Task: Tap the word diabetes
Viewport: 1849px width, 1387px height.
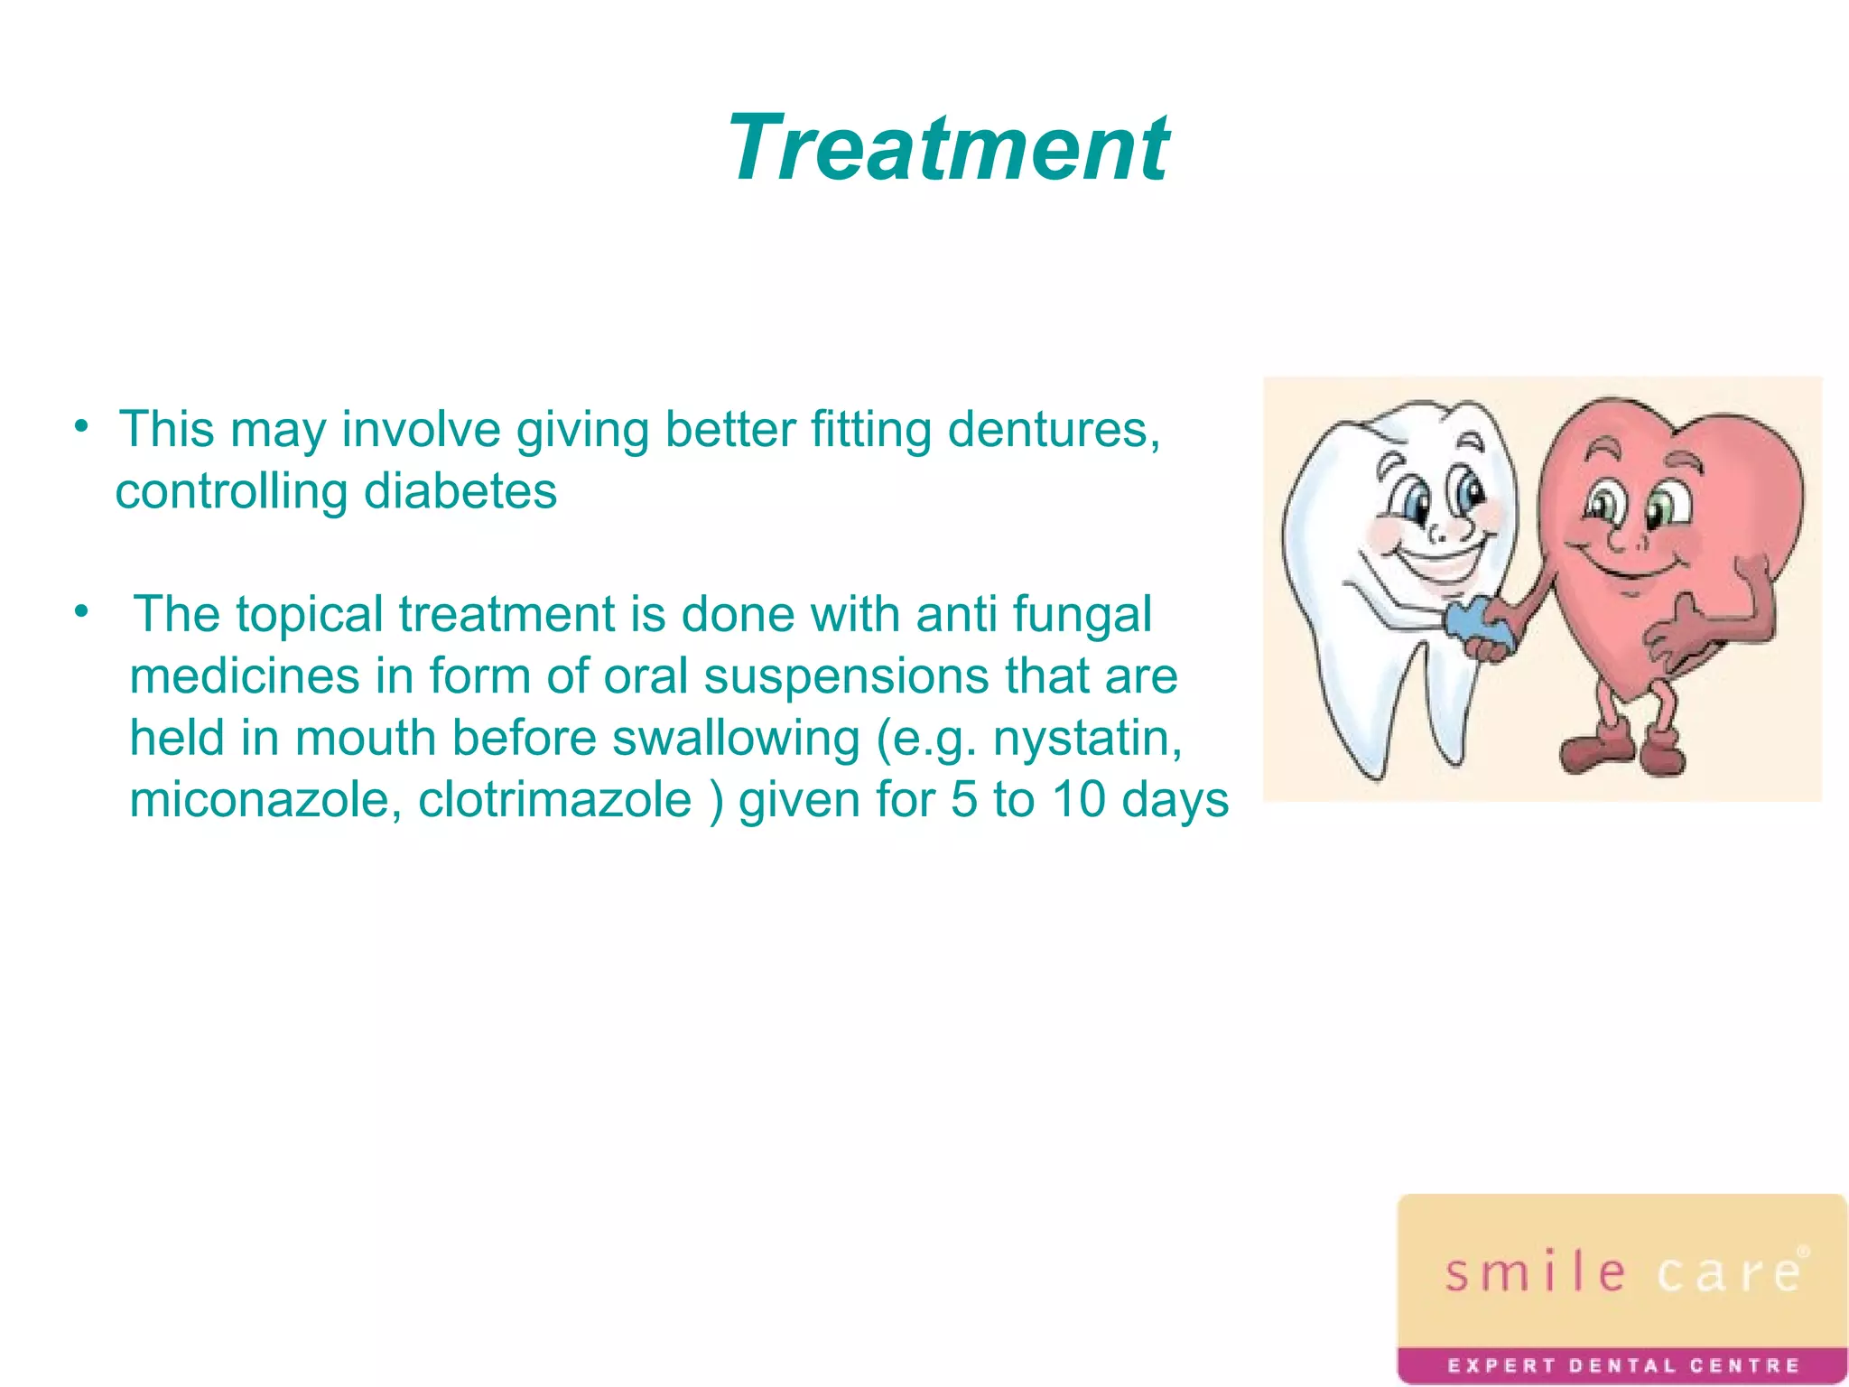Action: pyautogui.click(x=460, y=492)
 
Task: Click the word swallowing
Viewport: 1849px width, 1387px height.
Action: pyautogui.click(x=736, y=739)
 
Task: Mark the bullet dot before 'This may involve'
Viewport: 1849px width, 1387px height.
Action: pyautogui.click(x=81, y=425)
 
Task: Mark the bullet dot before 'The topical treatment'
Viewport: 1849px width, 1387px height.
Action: pyautogui.click(x=81, y=611)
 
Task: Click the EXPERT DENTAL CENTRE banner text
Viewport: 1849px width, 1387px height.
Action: pyautogui.click(x=1622, y=1364)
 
